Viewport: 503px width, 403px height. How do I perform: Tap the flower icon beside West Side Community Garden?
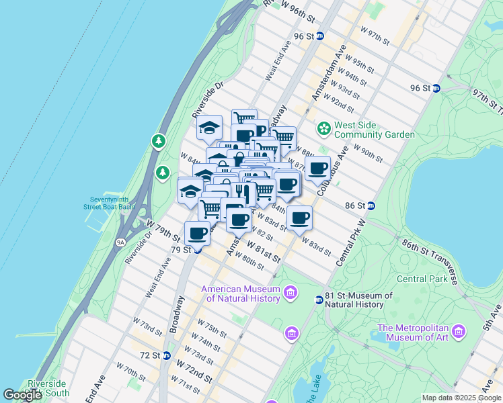point(323,127)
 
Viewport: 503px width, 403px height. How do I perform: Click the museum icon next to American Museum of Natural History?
point(291,292)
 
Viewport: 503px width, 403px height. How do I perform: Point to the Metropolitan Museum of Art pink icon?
point(459,331)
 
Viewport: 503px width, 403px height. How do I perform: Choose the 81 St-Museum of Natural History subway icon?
point(319,300)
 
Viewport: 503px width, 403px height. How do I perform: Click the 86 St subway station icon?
point(371,206)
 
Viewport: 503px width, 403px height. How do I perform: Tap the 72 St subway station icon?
point(166,355)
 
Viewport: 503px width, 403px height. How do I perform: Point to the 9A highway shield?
point(120,242)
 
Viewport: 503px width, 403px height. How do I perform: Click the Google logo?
point(22,395)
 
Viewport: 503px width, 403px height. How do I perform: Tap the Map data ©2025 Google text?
point(461,398)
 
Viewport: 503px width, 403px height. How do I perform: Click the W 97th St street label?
point(375,35)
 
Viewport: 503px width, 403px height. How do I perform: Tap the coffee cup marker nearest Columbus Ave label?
point(317,168)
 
